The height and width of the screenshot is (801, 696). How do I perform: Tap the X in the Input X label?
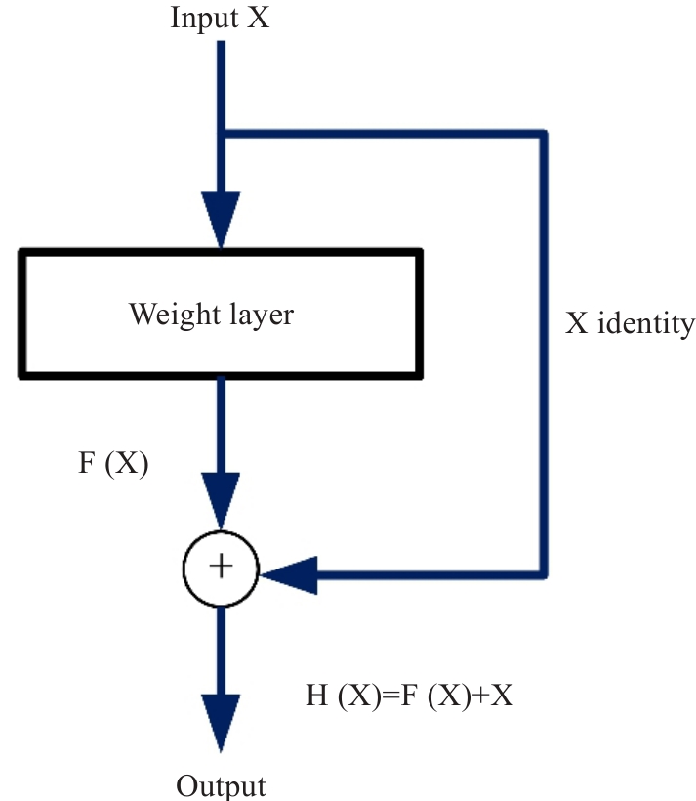pos(258,19)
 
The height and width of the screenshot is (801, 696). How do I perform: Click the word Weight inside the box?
pos(172,315)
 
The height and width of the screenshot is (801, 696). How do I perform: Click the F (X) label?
pos(113,464)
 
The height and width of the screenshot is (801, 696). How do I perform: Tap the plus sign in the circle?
pos(222,567)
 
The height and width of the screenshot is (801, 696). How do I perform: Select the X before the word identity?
pos(577,322)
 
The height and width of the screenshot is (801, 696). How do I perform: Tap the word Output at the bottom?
pos(221,786)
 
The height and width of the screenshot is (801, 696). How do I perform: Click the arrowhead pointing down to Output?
pos(222,723)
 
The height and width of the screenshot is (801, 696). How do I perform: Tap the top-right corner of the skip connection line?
pos(544,134)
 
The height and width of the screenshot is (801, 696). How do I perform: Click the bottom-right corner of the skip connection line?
pos(544,573)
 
